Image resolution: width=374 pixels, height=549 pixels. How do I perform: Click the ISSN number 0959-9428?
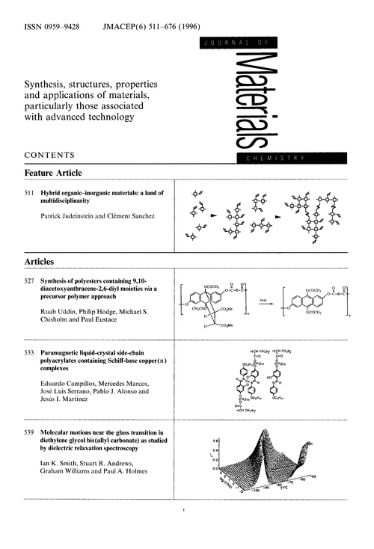(63, 26)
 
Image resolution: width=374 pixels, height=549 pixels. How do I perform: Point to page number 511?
(30, 193)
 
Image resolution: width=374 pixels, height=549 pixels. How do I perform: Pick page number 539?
(30, 435)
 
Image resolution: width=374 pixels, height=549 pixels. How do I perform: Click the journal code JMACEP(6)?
(128, 26)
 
